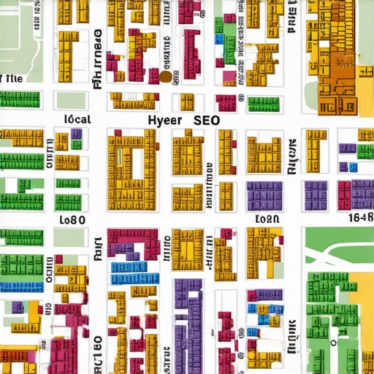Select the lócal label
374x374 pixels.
click(77, 119)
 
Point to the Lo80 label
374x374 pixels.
click(72, 219)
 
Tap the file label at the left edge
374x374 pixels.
click(12, 77)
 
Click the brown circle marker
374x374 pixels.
click(165, 76)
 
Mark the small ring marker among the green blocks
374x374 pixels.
click(333, 341)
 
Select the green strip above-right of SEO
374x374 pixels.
click(264, 103)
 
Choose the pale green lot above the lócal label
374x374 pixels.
click(72, 100)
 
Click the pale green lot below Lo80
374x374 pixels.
click(70, 237)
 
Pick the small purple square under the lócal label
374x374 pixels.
click(76, 134)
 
